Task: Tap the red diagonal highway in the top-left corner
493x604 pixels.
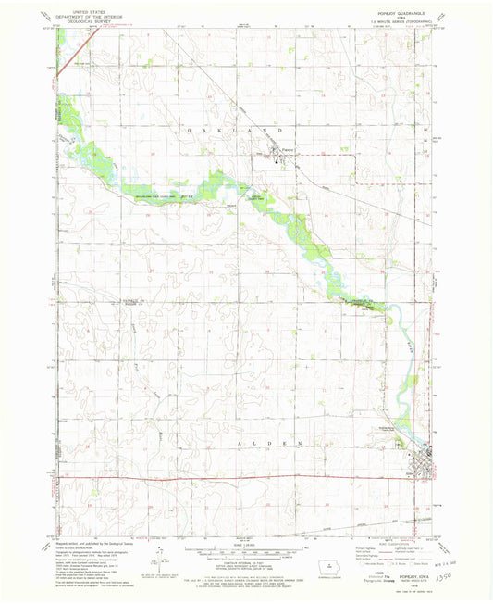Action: (x=66, y=65)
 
